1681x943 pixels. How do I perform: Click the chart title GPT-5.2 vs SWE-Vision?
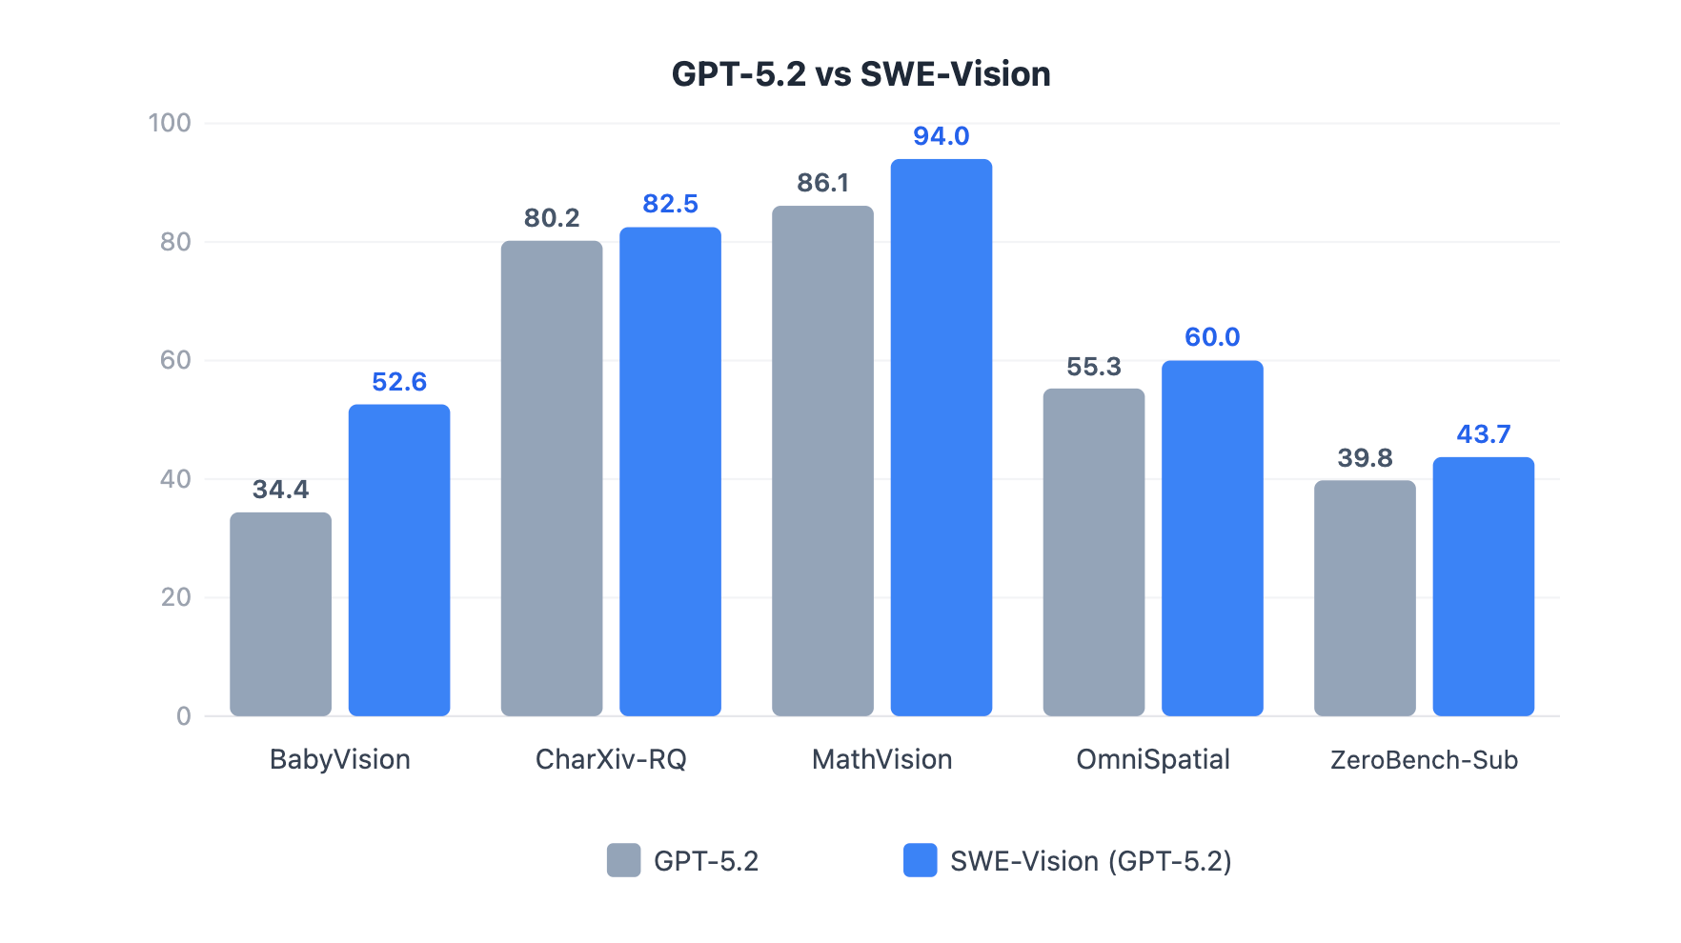861,74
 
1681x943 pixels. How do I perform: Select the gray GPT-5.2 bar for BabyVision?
280,614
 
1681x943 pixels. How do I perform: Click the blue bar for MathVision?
942,437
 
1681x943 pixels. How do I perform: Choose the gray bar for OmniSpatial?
1094,552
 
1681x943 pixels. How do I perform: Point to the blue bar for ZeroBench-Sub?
1484,587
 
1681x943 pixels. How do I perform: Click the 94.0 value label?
942,136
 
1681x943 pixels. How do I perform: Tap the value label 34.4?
280,490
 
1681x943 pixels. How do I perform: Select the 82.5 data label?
670,204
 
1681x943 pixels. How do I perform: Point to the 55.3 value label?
1094,367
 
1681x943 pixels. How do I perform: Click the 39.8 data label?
1365,458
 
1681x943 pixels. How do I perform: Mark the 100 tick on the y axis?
170,123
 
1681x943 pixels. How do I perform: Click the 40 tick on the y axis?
175,479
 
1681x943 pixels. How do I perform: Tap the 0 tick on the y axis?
184,716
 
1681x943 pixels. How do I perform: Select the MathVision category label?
881,759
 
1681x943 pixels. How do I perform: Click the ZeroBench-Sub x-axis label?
1424,760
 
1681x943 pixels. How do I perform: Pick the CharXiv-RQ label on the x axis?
611,759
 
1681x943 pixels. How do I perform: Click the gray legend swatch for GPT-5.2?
624,860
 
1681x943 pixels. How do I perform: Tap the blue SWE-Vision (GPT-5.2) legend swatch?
920,860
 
